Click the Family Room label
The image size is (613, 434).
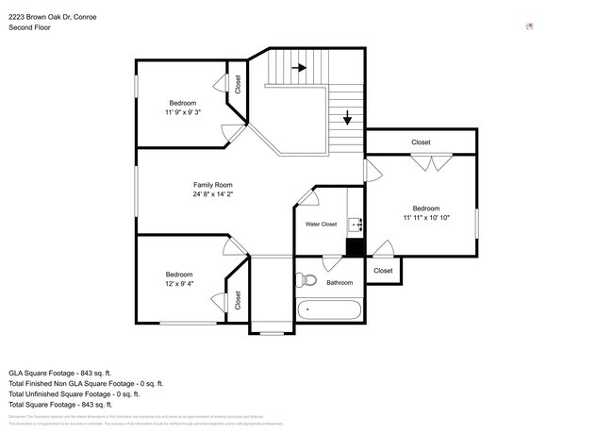click(x=213, y=185)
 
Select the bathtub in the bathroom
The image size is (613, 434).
click(x=329, y=310)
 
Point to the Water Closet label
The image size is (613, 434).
click(x=321, y=225)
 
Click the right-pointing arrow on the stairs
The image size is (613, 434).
click(x=300, y=68)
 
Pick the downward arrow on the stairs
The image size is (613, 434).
click(x=347, y=118)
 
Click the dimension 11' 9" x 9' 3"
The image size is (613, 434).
click(x=183, y=112)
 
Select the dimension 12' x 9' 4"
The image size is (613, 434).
click(x=179, y=284)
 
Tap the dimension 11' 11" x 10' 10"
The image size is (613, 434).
click(x=425, y=218)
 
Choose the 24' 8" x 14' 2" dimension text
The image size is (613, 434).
click(x=213, y=195)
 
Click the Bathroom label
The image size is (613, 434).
click(x=340, y=282)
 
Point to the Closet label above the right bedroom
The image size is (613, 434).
click(x=421, y=142)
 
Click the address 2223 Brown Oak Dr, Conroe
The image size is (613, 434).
click(x=52, y=17)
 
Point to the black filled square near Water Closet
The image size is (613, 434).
click(x=355, y=247)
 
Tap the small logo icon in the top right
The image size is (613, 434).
click(x=529, y=25)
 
